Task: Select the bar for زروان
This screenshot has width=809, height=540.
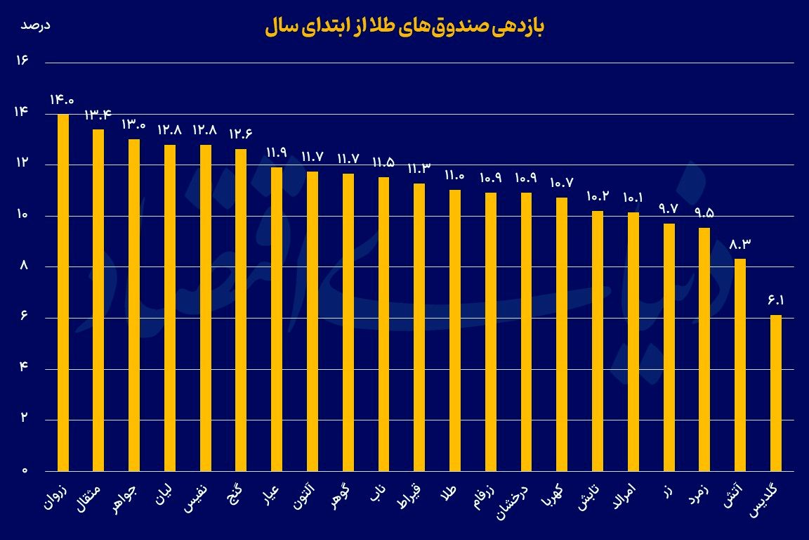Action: (x=63, y=292)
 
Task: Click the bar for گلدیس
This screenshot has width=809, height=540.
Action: (x=775, y=392)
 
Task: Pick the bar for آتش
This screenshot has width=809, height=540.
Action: (x=740, y=364)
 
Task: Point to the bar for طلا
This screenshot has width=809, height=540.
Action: (x=455, y=330)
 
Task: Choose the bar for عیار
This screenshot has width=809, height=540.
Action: (x=277, y=319)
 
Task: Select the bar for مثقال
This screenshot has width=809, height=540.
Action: (x=98, y=300)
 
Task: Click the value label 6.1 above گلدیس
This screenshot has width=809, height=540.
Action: (x=775, y=301)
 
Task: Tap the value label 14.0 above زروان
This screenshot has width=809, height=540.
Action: (x=62, y=100)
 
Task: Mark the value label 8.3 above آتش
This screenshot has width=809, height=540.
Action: (x=740, y=245)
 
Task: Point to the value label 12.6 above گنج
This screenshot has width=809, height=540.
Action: (x=241, y=134)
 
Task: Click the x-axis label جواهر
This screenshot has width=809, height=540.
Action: (x=126, y=500)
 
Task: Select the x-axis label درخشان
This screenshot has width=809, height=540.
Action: (x=515, y=504)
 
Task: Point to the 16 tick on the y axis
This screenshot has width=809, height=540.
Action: (x=21, y=62)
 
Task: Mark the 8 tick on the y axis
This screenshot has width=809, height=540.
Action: (x=23, y=266)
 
